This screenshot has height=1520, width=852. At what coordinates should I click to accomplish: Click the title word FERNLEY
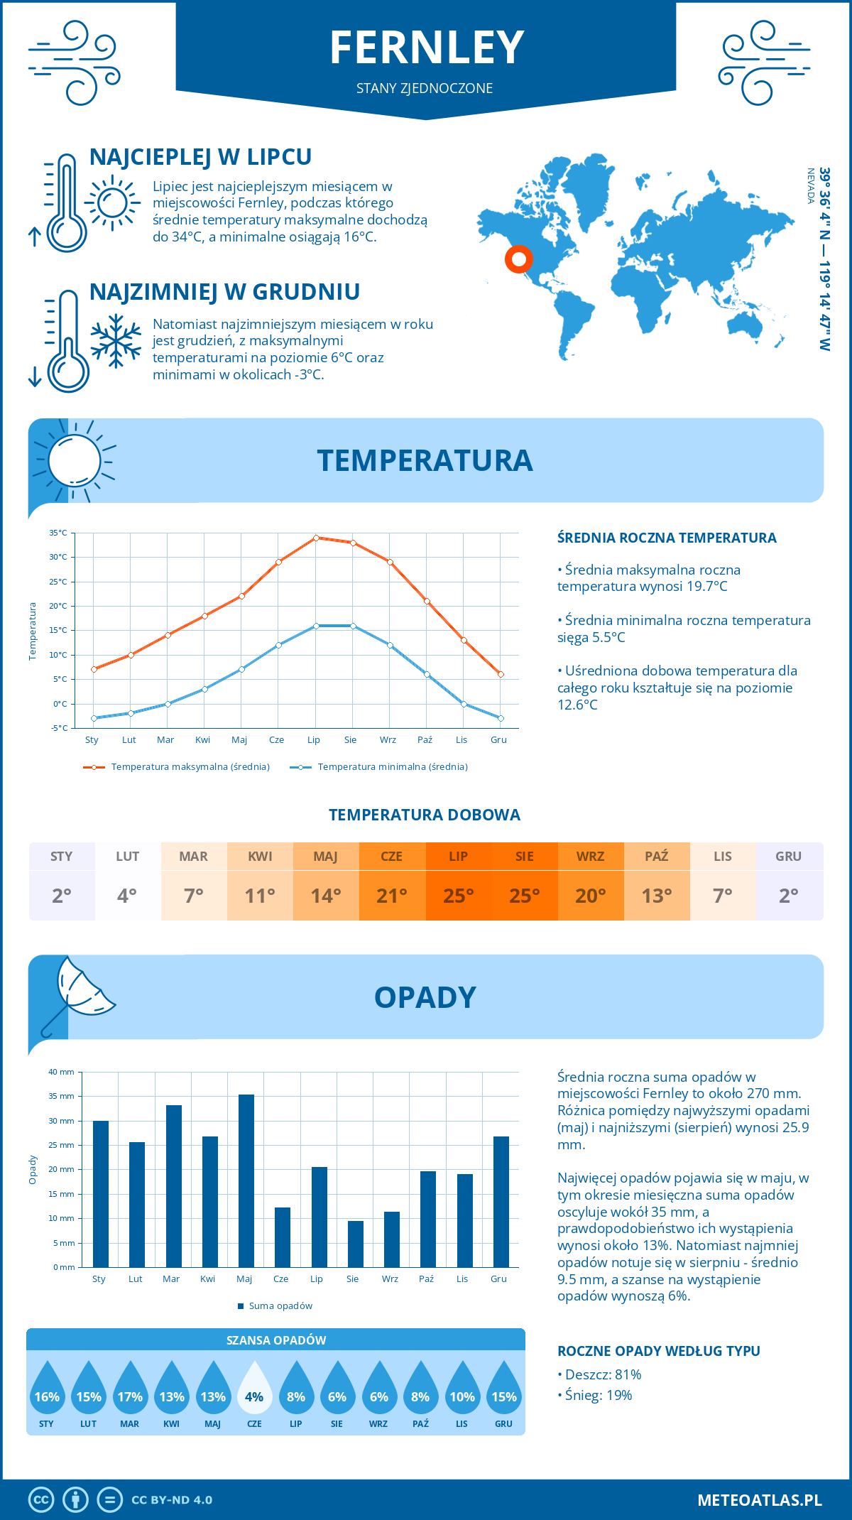[x=427, y=48]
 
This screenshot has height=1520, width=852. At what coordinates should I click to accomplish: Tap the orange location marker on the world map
[x=519, y=259]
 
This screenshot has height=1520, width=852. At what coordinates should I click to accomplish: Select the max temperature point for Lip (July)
[x=316, y=538]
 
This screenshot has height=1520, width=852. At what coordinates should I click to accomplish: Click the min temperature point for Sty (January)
[x=94, y=718]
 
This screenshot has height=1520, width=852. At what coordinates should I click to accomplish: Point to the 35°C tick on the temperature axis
[x=58, y=533]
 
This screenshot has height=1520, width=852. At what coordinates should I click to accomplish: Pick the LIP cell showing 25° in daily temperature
[x=458, y=895]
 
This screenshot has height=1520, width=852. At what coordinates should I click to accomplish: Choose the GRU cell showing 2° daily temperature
[x=788, y=895]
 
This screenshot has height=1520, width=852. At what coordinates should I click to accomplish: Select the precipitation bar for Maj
[x=246, y=1180]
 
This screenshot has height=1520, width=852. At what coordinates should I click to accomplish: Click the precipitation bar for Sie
[x=356, y=1244]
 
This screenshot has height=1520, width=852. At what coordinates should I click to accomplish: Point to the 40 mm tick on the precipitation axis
[x=62, y=1072]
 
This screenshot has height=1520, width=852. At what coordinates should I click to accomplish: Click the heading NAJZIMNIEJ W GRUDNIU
[x=224, y=292]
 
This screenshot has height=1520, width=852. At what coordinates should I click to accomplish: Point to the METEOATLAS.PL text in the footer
[x=759, y=1500]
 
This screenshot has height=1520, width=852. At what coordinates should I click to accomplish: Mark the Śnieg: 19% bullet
[x=597, y=1395]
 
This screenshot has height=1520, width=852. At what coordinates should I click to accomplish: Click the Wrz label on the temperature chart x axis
[x=388, y=740]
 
